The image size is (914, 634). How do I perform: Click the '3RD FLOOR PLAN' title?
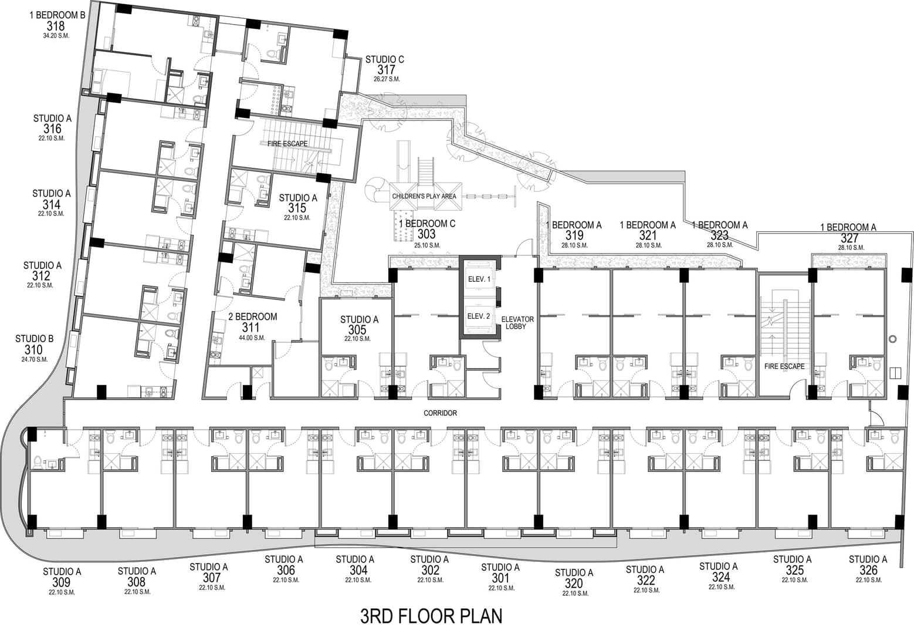pos(431,616)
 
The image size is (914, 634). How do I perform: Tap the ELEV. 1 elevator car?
pos(479,279)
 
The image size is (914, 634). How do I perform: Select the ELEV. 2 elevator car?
pos(479,316)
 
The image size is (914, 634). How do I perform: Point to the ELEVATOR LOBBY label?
pos(517,322)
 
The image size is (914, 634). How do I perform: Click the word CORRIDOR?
pos(440,413)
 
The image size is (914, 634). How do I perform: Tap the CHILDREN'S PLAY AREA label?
pos(424,197)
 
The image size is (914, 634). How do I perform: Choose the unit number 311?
pos(250,327)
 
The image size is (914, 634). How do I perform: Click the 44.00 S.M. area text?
pos(252,338)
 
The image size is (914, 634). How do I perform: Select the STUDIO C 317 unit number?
pos(386,69)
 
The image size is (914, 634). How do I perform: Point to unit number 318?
pos(56,26)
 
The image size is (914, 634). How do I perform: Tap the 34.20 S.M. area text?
pos(56,36)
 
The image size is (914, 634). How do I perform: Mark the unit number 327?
pos(849,238)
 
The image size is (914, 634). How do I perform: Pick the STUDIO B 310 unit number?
pos(33,350)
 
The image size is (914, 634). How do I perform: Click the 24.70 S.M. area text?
pos(35,360)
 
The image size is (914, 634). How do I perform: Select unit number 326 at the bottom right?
pos(868,570)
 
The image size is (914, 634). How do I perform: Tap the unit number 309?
pos(61,582)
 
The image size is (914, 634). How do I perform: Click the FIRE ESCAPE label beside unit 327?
pos(784,366)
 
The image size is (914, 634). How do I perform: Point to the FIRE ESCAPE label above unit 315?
pos(287,144)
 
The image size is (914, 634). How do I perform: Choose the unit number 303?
pos(426,234)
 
